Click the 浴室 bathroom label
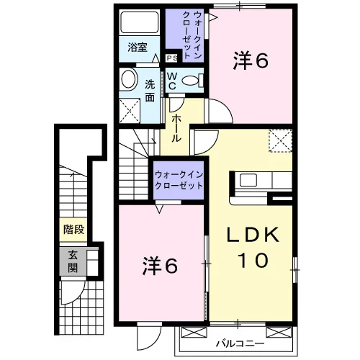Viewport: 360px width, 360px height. (x=138, y=48)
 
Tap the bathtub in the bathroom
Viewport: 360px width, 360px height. (x=140, y=22)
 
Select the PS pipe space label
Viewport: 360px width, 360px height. (x=172, y=58)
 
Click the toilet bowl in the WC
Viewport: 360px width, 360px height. (x=191, y=81)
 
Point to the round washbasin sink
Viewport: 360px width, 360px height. (x=129, y=79)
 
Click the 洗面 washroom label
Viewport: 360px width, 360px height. (x=150, y=91)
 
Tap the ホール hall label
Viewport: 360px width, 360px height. (x=176, y=128)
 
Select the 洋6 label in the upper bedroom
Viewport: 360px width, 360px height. (x=251, y=60)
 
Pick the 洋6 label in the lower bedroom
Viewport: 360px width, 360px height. (x=160, y=266)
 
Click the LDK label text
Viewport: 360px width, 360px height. (x=253, y=235)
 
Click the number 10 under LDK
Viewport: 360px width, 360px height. (x=253, y=260)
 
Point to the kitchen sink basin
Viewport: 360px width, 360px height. (x=248, y=180)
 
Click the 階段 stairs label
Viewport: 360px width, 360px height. (x=73, y=230)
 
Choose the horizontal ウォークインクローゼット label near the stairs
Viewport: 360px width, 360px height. (x=179, y=180)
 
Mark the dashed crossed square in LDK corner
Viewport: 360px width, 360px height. (x=281, y=140)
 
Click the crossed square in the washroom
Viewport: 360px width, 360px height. (x=130, y=111)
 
